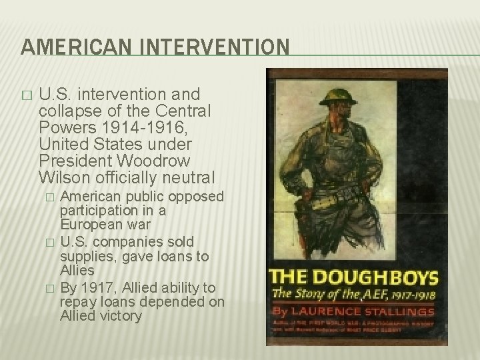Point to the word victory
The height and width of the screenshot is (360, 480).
pyautogui.click(x=120, y=317)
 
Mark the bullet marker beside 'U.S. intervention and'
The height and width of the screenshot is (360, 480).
pyautogui.click(x=27, y=96)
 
